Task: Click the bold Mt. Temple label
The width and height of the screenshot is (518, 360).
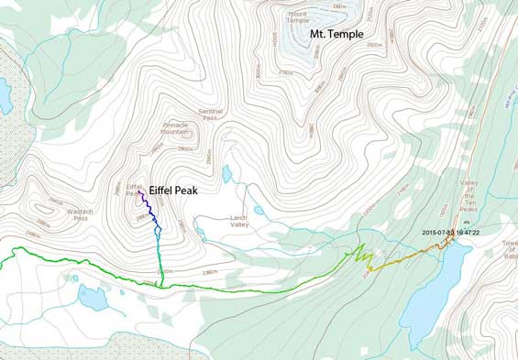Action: [x=336, y=35]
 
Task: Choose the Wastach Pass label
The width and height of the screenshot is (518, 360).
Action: [x=80, y=215]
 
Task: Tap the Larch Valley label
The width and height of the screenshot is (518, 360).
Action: [x=239, y=222]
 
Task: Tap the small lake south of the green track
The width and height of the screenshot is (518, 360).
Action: [x=93, y=297]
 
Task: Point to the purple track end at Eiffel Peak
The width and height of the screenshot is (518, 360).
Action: [x=139, y=192]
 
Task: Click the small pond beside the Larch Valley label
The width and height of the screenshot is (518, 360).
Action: [x=259, y=211]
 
